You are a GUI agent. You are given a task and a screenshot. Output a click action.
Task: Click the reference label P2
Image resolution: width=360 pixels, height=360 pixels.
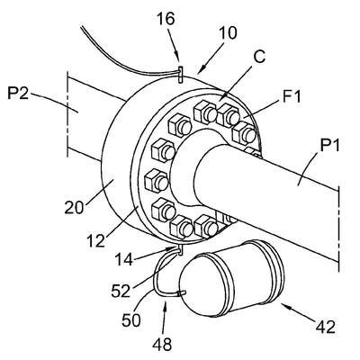point(18,94)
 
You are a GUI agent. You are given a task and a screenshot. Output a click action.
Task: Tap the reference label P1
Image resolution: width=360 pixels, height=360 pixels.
point(330,146)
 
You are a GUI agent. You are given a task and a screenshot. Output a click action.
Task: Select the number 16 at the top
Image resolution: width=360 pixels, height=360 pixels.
point(166,19)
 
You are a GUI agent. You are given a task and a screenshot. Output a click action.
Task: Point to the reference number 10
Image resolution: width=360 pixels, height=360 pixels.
point(228,33)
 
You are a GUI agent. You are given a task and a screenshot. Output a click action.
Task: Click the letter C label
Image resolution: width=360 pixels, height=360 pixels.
point(258,57)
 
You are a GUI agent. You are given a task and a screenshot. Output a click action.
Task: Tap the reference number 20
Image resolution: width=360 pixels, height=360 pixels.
point(74,207)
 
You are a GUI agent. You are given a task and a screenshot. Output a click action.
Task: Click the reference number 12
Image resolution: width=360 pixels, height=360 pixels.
point(96,240)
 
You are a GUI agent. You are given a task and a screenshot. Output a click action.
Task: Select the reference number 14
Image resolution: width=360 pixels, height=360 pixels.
point(123,259)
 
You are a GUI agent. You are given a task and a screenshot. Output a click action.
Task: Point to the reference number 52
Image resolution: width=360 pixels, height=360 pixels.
point(121,291)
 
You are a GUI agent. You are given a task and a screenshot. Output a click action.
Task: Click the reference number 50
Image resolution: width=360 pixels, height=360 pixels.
point(131,320)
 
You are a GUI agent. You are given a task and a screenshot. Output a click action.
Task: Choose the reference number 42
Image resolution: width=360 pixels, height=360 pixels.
point(326,327)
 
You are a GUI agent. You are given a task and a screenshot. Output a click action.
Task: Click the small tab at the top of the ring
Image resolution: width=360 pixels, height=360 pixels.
point(180,75)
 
